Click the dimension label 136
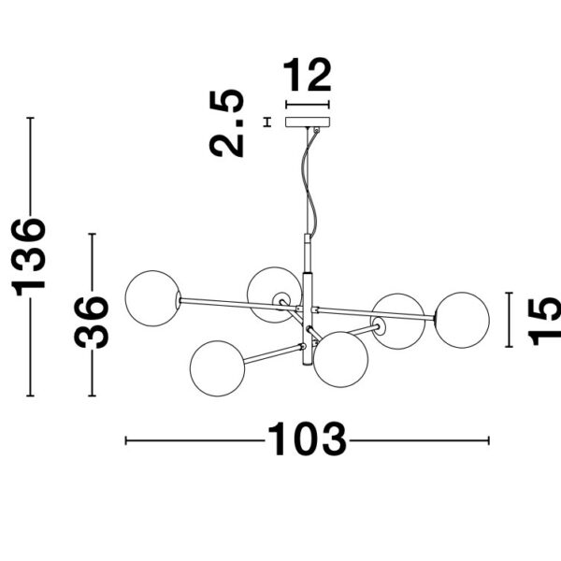click(29, 257)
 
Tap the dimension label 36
click(91, 322)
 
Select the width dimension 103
click(307, 439)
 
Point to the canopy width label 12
click(308, 75)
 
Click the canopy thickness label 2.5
click(226, 123)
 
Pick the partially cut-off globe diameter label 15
click(544, 321)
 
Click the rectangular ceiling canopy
click(308, 122)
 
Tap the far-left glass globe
click(152, 298)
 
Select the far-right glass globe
click(462, 320)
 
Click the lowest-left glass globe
click(218, 368)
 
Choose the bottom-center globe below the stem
click(340, 359)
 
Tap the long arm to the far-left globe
click(238, 303)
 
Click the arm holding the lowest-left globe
click(273, 353)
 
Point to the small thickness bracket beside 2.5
click(266, 122)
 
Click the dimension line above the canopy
click(308, 105)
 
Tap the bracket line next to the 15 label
click(509, 320)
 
